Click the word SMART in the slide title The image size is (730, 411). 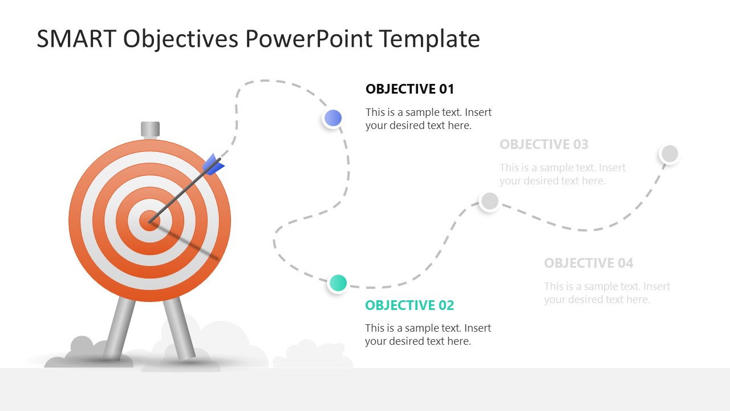tap(76, 39)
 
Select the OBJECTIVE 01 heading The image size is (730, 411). tap(409, 89)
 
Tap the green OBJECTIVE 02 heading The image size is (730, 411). tap(409, 305)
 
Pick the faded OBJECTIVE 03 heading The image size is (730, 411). tap(544, 144)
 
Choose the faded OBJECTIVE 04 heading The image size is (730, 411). tap(589, 263)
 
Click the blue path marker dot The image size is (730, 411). tap(332, 118)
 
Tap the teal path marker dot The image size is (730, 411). tap(338, 283)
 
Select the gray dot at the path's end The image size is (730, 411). tap(670, 154)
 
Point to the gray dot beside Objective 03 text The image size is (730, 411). tap(489, 201)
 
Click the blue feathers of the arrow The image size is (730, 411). tap(213, 165)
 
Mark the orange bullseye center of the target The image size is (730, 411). tap(149, 221)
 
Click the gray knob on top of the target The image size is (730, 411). tap(150, 129)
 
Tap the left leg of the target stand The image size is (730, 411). tap(119, 328)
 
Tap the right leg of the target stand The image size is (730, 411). tap(179, 328)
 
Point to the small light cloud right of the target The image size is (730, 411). tap(313, 354)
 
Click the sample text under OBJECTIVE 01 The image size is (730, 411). tap(428, 119)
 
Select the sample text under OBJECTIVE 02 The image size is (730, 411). tap(428, 335)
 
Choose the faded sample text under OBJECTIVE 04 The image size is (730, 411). tap(607, 293)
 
